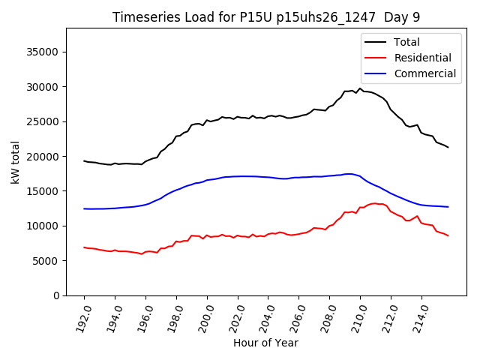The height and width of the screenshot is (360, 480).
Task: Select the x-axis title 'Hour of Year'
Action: [265, 343]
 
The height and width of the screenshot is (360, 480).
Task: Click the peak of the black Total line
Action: [360, 88]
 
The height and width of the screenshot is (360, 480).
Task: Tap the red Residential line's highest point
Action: [374, 203]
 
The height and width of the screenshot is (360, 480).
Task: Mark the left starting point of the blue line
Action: [84, 208]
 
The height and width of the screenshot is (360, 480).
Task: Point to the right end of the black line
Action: [448, 147]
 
